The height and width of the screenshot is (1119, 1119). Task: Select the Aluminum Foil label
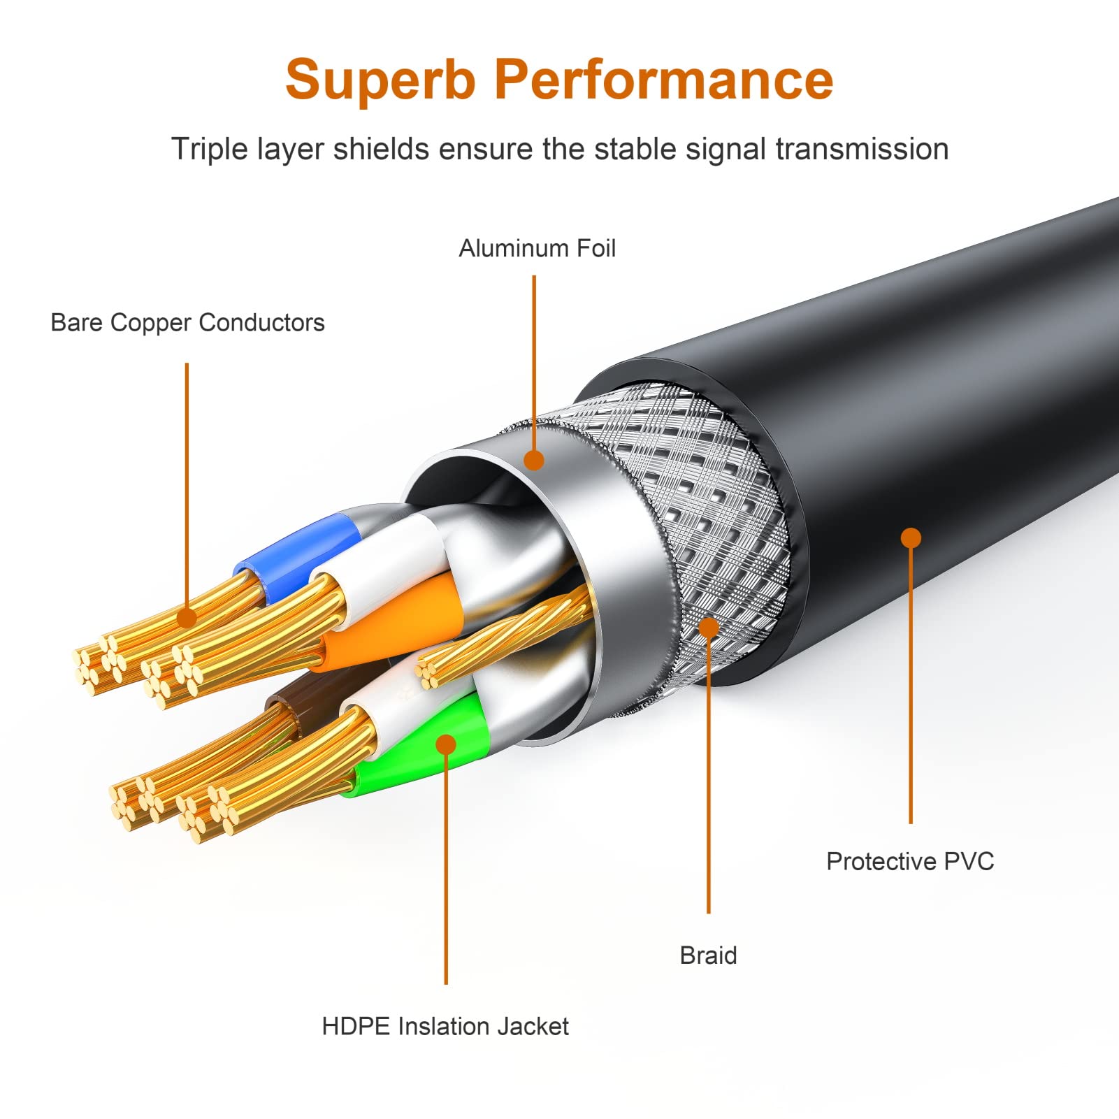point(537,249)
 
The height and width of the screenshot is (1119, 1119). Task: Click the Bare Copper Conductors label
point(187,323)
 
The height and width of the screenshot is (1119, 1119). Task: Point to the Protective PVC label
point(909,861)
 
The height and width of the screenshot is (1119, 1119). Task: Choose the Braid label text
point(708,955)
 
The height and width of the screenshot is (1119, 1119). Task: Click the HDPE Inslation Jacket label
point(445,1027)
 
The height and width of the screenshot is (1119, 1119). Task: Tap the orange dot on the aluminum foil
point(534,460)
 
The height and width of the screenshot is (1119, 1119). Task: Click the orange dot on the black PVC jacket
point(911,537)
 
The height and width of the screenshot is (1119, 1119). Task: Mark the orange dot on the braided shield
point(708,627)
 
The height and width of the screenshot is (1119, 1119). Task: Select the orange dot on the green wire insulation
point(445,744)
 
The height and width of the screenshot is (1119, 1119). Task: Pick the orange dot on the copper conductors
point(187,618)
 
